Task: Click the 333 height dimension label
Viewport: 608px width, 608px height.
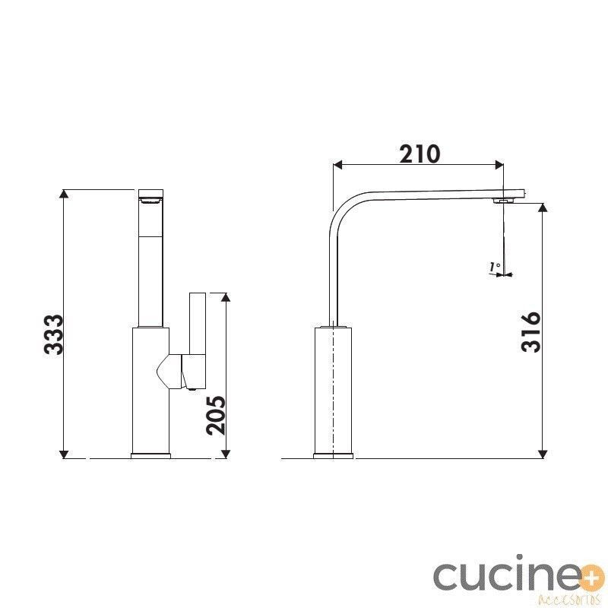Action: (53, 334)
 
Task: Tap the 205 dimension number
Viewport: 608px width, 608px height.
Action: (216, 415)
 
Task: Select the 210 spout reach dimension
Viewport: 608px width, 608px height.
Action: (420, 154)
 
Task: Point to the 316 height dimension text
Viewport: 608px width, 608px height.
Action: (530, 332)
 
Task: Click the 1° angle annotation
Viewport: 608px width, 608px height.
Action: (495, 267)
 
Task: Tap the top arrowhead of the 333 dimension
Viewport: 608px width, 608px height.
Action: (64, 194)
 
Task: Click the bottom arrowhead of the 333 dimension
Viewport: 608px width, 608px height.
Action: (64, 454)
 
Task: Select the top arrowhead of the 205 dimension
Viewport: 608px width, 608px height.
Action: (226, 297)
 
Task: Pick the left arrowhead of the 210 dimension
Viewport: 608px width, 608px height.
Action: (337, 165)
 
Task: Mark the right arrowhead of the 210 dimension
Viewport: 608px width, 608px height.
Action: (499, 165)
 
